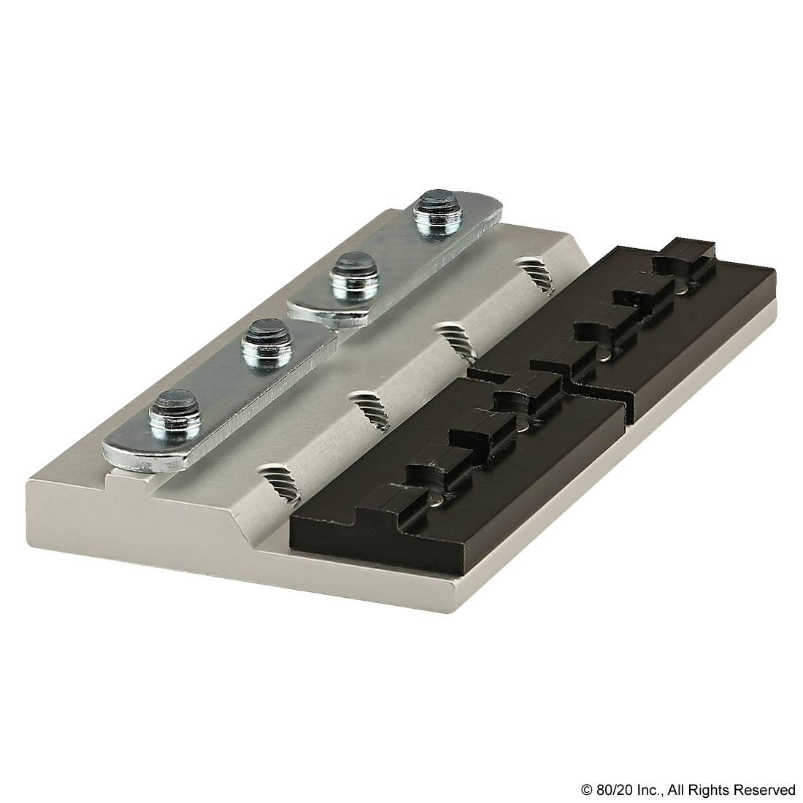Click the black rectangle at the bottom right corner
click(x=687, y=790)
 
